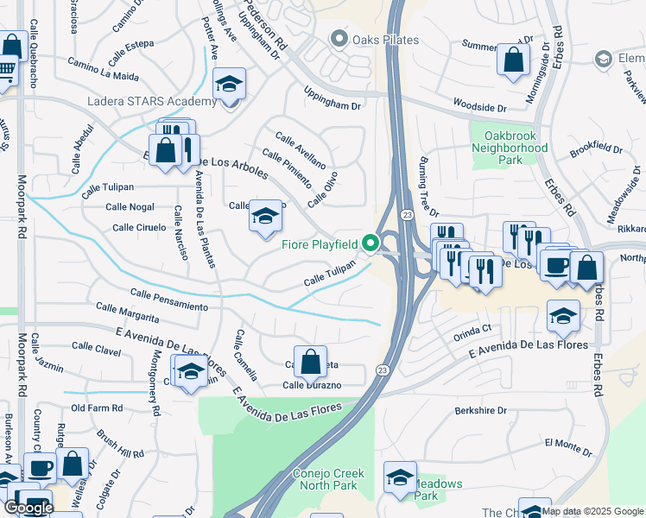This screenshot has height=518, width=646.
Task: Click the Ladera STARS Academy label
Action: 151,102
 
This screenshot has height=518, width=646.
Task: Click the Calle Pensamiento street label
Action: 168,301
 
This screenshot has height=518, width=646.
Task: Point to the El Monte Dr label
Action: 567,443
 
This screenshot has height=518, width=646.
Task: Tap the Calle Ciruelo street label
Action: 139,227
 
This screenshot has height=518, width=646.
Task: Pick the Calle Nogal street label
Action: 130,207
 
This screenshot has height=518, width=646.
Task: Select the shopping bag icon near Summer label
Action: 514,60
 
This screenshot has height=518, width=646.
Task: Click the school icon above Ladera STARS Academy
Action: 229,85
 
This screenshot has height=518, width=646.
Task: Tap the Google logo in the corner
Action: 28,508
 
